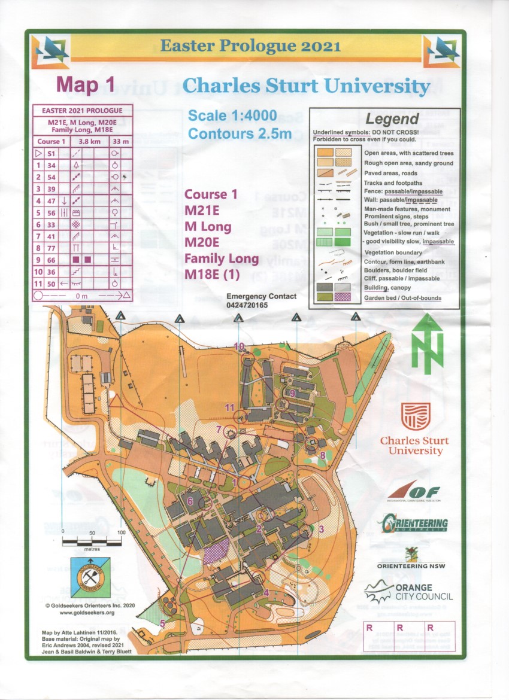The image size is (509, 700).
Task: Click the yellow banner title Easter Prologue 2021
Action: click(x=250, y=46)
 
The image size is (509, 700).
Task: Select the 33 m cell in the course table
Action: click(x=121, y=142)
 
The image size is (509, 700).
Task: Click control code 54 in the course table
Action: click(x=52, y=177)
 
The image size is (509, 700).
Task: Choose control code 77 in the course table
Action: click(x=52, y=248)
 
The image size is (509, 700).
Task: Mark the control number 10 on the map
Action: click(x=240, y=346)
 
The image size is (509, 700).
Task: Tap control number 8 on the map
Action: click(x=322, y=455)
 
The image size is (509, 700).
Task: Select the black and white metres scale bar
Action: click(x=92, y=541)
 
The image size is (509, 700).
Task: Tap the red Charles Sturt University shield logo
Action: click(x=415, y=416)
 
